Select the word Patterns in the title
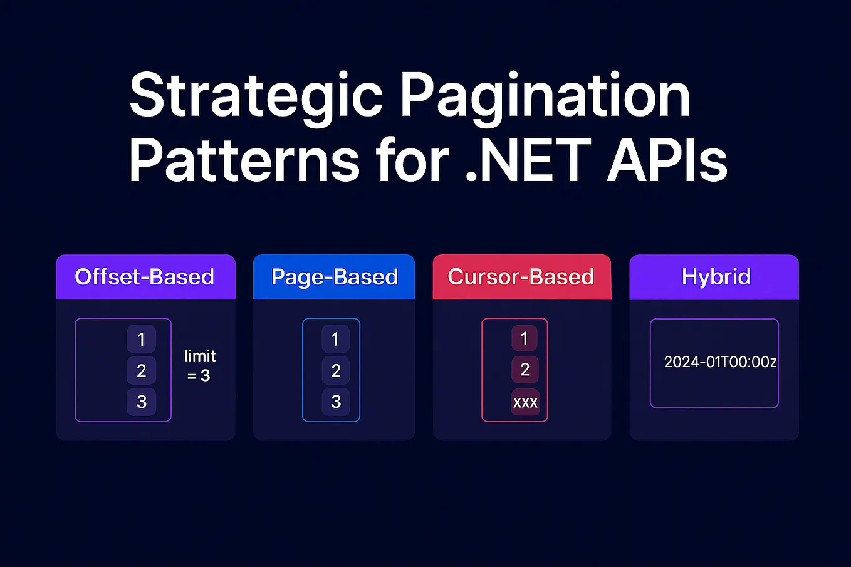(x=244, y=161)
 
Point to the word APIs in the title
(x=667, y=161)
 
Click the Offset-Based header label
(x=145, y=277)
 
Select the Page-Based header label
(x=335, y=277)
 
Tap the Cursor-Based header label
(x=521, y=277)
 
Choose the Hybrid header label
(x=716, y=277)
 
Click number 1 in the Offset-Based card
(x=141, y=340)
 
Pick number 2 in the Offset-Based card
(x=141, y=371)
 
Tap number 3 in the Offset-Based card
(x=141, y=402)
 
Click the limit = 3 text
(x=199, y=366)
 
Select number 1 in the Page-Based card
(x=335, y=340)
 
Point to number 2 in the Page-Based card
(x=335, y=371)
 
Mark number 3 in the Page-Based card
(x=335, y=402)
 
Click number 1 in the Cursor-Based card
(x=525, y=339)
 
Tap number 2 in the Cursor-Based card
(x=525, y=370)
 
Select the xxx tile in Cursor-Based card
(x=525, y=402)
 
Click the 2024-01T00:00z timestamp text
(x=720, y=362)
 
